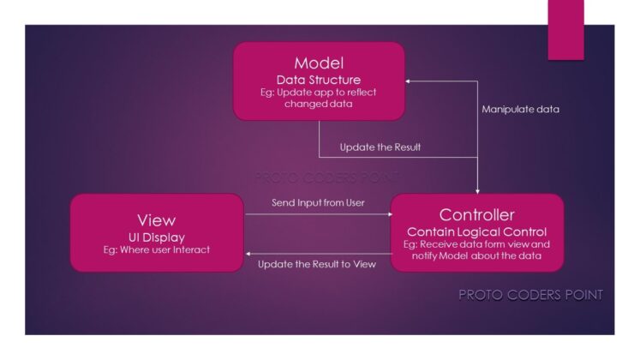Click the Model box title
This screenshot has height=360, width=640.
(319, 63)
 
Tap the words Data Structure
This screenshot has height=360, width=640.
(319, 80)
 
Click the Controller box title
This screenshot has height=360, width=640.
(478, 215)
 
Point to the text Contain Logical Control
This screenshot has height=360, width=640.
(478, 231)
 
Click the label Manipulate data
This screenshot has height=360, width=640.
(520, 109)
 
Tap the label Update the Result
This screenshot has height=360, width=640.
(380, 147)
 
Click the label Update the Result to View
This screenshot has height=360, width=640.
(317, 264)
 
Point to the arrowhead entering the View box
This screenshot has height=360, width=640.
(248, 252)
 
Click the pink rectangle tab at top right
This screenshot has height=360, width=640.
(565, 29)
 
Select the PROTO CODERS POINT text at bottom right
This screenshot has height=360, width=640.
(530, 295)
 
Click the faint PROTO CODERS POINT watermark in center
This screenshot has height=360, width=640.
(326, 177)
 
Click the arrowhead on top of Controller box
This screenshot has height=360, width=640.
(477, 190)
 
